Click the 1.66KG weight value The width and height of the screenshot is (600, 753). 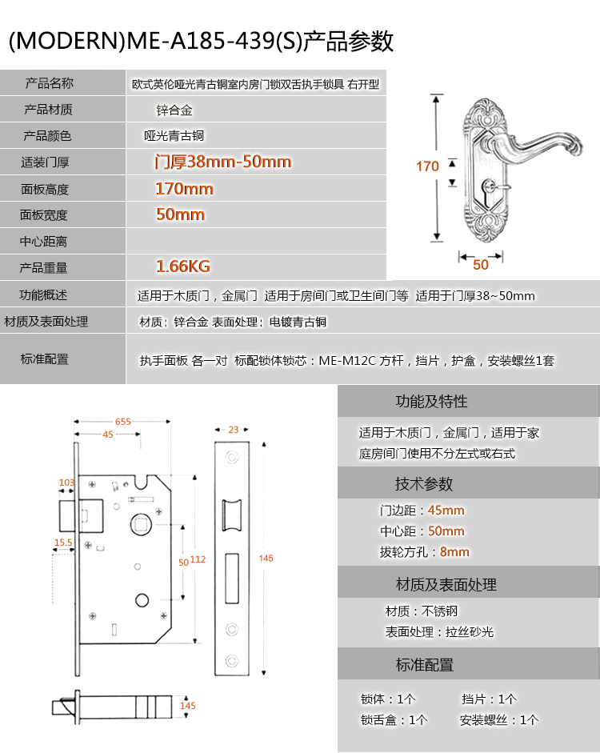tap(183, 266)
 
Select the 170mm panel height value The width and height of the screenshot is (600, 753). tap(184, 189)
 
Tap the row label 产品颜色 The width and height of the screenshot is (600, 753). tap(47, 136)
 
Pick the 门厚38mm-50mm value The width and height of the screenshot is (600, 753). tap(223, 162)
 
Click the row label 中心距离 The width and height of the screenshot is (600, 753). tap(43, 241)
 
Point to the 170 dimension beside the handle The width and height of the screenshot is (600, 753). tap(427, 166)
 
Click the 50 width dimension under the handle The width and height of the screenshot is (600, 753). tap(481, 265)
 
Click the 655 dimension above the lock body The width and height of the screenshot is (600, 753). tap(123, 422)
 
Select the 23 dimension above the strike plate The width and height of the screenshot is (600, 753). tap(234, 430)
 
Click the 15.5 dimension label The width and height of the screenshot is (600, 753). tap(63, 543)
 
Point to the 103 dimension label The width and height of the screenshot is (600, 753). tap(66, 483)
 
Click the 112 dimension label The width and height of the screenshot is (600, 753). tap(198, 559)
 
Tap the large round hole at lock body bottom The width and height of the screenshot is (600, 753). tap(142, 600)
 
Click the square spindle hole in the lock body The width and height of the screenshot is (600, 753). tap(141, 523)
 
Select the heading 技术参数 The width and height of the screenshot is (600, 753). tap(424, 483)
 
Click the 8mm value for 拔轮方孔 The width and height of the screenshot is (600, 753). tap(454, 552)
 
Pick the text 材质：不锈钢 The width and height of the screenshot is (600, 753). tap(422, 611)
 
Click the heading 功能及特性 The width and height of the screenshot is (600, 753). tap(431, 401)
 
